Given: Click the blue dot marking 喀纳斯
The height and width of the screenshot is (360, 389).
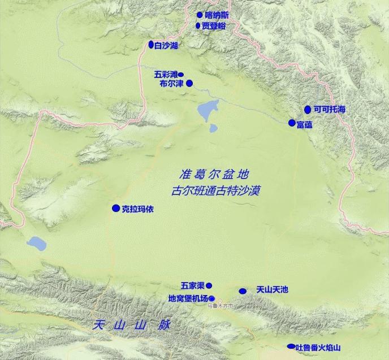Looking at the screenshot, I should point(200,15).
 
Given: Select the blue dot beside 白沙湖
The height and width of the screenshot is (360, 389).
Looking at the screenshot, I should point(151,44).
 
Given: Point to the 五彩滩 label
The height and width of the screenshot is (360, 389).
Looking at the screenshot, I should point(166,74).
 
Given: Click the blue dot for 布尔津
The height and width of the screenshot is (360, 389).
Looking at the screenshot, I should point(189,83).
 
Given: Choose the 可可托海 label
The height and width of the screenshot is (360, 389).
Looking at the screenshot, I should point(329,109).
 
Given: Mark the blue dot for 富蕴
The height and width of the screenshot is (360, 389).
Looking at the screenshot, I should point(292,123).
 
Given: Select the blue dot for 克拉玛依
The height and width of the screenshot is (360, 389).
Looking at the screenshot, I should point(116,208).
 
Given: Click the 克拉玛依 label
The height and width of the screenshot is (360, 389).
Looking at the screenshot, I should point(137,209).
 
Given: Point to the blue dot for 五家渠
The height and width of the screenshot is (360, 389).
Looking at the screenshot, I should point(209,285).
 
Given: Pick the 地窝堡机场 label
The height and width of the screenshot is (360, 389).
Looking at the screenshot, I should point(188,298).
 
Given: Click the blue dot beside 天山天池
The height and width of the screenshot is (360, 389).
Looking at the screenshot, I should point(243,291).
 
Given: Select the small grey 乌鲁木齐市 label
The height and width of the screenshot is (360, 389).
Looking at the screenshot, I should point(220,306).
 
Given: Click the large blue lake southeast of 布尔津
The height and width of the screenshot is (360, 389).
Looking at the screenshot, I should point(208,110).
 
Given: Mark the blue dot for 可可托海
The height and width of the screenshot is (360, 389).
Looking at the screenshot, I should point(308,109).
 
